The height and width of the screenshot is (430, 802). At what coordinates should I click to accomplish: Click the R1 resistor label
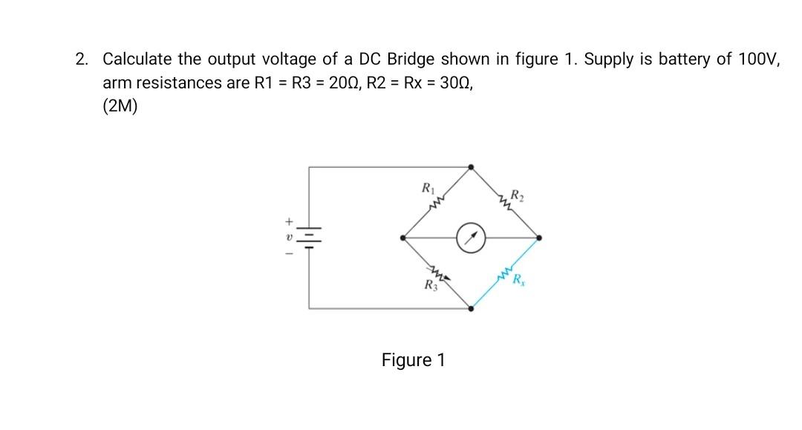pyautogui.click(x=428, y=186)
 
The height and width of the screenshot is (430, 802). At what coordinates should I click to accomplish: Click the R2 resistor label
pyautogui.click(x=515, y=195)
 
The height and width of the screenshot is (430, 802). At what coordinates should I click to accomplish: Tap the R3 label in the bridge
pyautogui.click(x=429, y=285)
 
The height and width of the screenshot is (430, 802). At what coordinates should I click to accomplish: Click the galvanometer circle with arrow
pyautogui.click(x=471, y=238)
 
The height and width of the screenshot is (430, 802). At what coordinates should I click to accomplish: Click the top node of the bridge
pyautogui.click(x=471, y=168)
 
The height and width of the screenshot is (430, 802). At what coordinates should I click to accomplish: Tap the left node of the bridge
pyautogui.click(x=403, y=238)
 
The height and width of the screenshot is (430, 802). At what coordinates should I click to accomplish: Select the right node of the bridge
pyautogui.click(x=539, y=238)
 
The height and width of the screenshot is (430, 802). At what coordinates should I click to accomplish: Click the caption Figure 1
pyautogui.click(x=413, y=360)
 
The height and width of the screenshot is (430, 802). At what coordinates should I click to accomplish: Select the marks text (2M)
pyautogui.click(x=120, y=105)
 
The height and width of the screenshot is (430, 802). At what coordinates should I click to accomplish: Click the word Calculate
pyautogui.click(x=137, y=59)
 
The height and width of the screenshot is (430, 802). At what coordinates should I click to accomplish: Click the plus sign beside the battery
pyautogui.click(x=290, y=221)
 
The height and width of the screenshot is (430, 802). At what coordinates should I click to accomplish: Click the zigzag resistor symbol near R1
pyautogui.click(x=439, y=201)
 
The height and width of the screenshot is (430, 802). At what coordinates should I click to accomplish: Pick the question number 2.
pyautogui.click(x=80, y=59)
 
